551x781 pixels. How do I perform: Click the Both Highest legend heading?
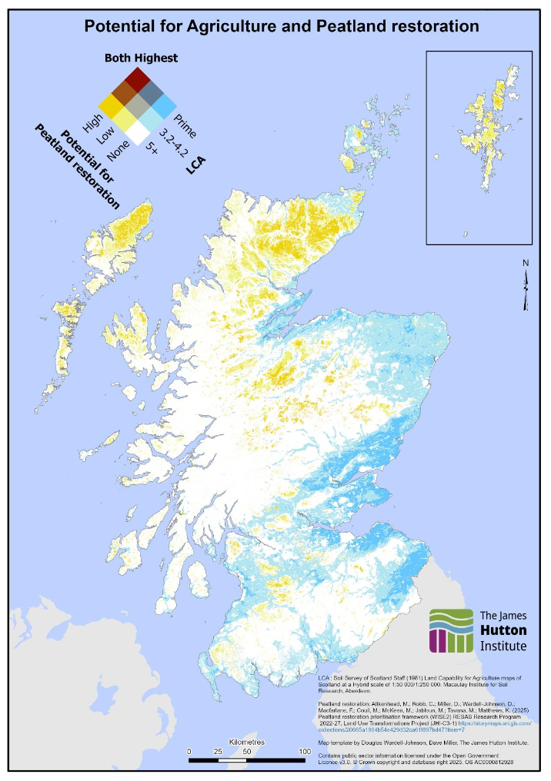(x=141, y=58)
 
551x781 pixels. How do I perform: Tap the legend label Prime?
(x=185, y=125)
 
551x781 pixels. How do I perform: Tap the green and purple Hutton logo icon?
(x=452, y=630)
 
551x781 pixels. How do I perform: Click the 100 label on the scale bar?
(x=305, y=751)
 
